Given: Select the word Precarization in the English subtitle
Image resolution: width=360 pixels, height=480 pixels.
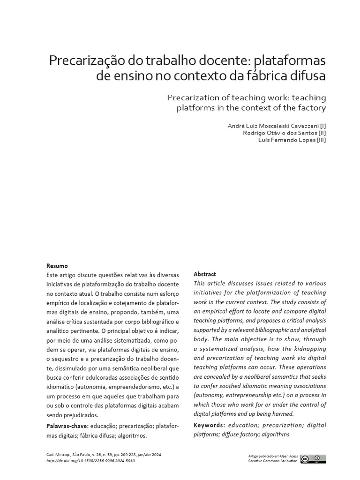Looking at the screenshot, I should [x=195, y=97].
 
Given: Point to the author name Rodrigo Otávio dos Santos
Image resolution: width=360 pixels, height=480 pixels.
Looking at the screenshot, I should [x=279, y=133].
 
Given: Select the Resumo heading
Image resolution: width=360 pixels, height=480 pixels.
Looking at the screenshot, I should [x=57, y=265].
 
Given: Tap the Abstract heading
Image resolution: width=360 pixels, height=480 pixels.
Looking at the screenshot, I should [x=205, y=274].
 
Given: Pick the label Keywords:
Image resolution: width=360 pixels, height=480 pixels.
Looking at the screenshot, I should [x=210, y=425].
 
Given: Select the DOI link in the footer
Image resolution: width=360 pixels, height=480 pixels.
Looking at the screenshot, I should [x=91, y=461].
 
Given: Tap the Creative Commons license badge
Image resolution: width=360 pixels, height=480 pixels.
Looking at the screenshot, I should [x=314, y=459].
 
